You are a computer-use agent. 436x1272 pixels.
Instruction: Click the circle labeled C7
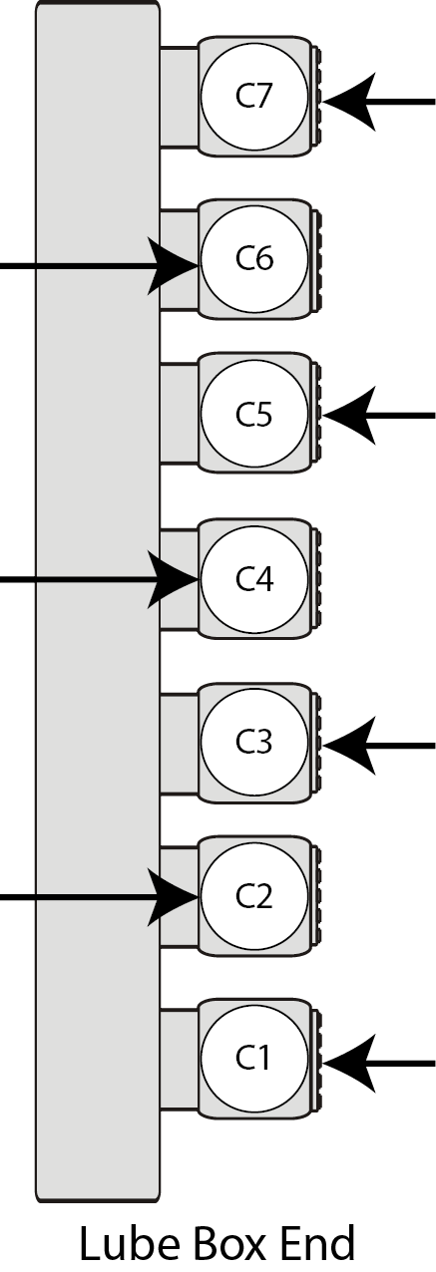(254, 97)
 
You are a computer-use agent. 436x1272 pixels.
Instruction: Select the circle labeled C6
(254, 259)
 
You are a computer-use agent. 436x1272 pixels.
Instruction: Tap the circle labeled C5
(254, 414)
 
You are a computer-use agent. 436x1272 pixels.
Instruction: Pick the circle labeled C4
(254, 578)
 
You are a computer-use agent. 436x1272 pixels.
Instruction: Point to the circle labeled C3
(254, 743)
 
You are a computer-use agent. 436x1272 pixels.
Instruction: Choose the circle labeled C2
(254, 895)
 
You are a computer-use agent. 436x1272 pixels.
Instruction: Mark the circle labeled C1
(254, 1058)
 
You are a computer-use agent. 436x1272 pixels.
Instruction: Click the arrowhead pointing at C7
(349, 102)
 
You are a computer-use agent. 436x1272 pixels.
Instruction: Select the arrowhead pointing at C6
(173, 266)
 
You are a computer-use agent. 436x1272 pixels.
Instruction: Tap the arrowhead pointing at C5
(349, 415)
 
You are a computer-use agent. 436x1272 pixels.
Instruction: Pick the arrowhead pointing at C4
(173, 579)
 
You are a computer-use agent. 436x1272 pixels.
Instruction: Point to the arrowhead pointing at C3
(349, 745)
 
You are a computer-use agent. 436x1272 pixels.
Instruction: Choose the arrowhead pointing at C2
(173, 897)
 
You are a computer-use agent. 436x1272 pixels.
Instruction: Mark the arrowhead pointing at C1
(349, 1063)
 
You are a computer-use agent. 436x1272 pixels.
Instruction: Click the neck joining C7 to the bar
(179, 98)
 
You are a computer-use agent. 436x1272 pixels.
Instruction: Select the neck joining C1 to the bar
(179, 1059)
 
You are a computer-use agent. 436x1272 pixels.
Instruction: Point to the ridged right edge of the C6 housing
(317, 259)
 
